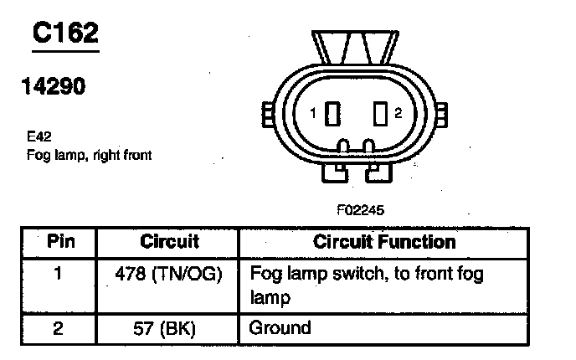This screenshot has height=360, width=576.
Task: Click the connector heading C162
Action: point(65,33)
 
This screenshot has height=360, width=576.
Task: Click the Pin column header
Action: point(59,242)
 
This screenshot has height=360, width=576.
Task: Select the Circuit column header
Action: point(169,242)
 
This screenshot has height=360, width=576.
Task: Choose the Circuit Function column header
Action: point(384,242)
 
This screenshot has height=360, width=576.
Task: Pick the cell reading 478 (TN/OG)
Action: point(169,274)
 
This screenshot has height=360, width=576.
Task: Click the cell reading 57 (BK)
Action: point(169,328)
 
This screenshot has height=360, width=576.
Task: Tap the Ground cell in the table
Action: point(280,327)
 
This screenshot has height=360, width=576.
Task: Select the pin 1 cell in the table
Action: point(58,274)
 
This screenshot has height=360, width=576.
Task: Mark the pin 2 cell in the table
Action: point(58,328)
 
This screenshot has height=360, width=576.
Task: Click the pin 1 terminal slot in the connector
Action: point(332,113)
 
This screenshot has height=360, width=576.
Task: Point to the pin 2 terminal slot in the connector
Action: point(380,113)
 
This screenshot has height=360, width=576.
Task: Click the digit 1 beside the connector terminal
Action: point(311,113)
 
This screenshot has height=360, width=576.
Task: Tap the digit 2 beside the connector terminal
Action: point(399,113)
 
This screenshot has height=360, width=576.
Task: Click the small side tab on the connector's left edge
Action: point(267,114)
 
